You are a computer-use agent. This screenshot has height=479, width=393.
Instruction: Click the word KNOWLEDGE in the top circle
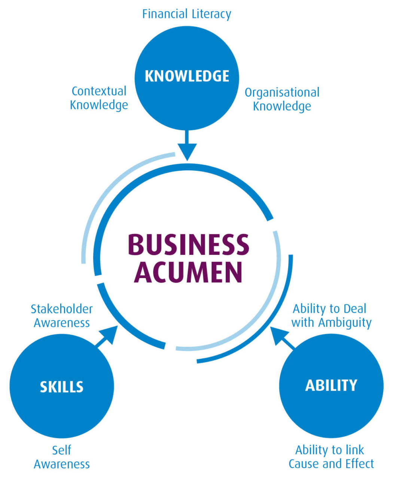pos(187,76)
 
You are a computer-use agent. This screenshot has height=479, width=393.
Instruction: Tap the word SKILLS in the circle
pos(62,387)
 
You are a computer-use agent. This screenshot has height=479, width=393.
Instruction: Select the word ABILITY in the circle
pos(331,385)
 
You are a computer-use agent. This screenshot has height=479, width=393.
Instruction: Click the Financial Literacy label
pos(187,14)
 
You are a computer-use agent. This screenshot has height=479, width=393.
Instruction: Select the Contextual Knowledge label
pos(99,98)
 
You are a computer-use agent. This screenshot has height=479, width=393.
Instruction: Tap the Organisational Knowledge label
pos(282,99)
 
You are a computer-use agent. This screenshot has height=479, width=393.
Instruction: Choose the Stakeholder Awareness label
pos(62,316)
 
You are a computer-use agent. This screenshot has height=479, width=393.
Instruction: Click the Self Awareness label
pos(62,457)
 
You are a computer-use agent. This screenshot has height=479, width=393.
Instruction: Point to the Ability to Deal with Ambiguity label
pos(331,315)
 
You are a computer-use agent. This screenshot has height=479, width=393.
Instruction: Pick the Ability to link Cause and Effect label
pos(331,457)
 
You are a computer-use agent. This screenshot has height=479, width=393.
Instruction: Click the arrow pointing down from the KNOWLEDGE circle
pos(187,146)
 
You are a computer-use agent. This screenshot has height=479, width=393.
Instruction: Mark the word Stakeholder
pos(62,309)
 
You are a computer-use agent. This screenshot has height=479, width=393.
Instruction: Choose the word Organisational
pos(282,93)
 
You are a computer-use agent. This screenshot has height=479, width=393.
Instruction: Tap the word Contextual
pos(99,91)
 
